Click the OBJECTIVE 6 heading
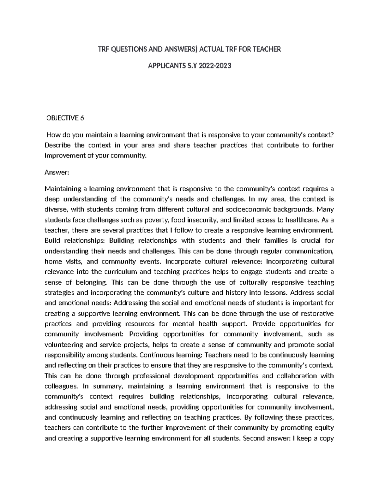tap(65, 118)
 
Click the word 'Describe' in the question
tap(58, 145)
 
